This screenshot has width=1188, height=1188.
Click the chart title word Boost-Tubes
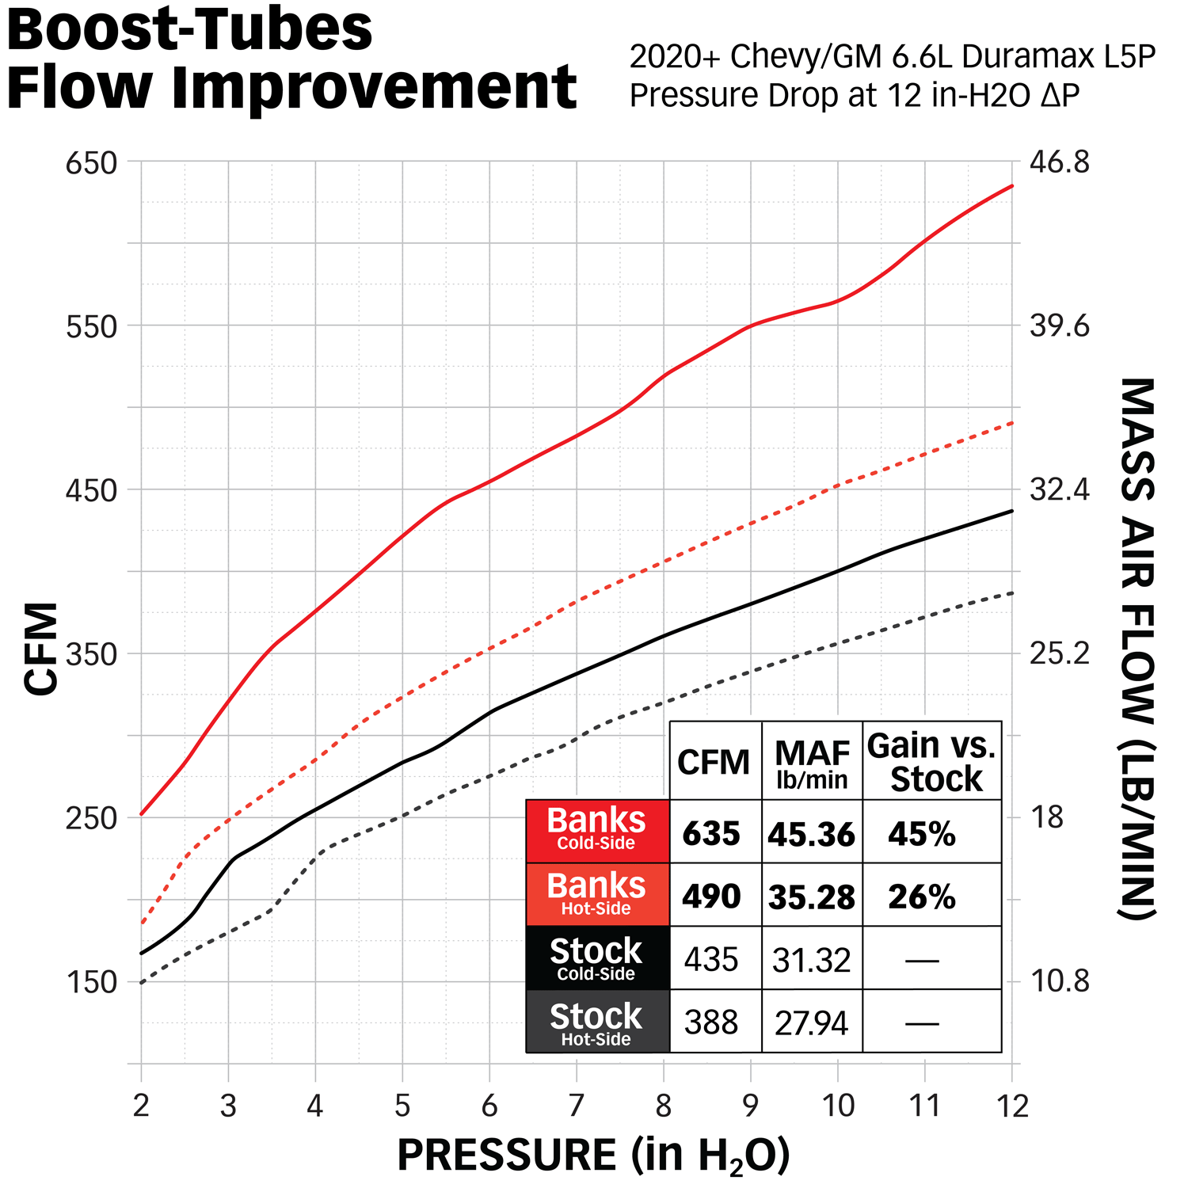coord(189,29)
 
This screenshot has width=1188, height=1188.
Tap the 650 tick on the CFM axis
coord(91,163)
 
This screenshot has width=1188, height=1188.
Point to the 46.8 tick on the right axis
coord(1059,162)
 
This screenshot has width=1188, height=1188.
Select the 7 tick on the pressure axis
coord(576,1105)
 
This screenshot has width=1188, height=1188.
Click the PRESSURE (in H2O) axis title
coord(593,1156)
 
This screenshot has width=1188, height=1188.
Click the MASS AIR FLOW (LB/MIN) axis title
coord(1137,649)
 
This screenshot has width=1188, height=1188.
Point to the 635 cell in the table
coord(712,833)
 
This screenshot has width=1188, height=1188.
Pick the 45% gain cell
coord(922,833)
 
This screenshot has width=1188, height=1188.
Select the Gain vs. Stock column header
coord(932,762)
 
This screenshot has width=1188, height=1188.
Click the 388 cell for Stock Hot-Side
coord(712,1022)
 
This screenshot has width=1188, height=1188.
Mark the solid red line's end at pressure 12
coord(1012,186)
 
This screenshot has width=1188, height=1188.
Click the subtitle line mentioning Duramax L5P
coord(893,57)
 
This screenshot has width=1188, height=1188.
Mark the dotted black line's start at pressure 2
coord(142,983)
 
